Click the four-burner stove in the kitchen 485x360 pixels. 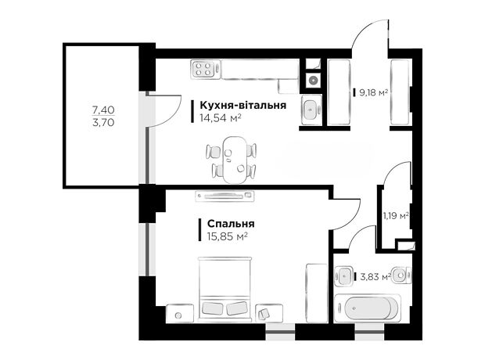(203, 69)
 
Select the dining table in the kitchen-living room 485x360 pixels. (235, 160)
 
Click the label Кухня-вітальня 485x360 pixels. (242, 105)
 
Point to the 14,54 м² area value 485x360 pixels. (221, 118)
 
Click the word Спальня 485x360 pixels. (231, 224)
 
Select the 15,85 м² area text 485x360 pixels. (228, 237)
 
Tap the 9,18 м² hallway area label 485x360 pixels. (373, 92)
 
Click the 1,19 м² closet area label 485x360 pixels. (397, 216)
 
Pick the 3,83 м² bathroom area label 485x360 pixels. (375, 276)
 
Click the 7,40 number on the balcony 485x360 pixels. (103, 110)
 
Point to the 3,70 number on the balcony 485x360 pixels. (103, 123)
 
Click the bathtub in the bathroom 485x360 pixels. (368, 308)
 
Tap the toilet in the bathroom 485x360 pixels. (401, 275)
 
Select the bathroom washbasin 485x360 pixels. (344, 275)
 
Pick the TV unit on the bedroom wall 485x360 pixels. (225, 196)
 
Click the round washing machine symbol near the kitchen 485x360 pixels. (313, 80)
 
